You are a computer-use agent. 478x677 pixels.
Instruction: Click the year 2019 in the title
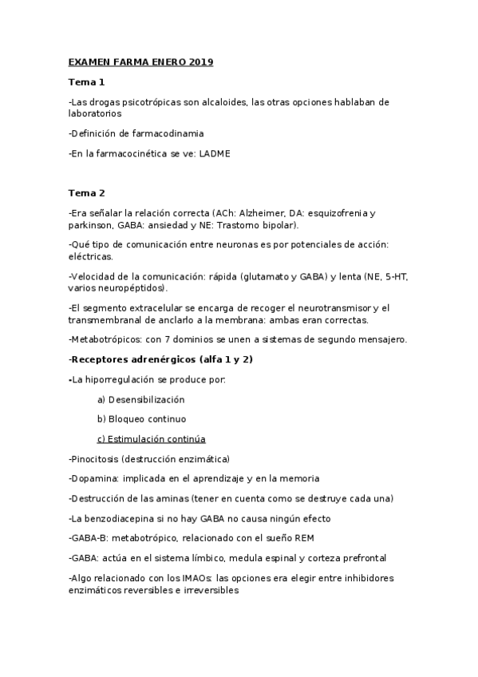[x=201, y=61]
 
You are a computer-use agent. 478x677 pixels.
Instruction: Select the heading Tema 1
[x=86, y=82]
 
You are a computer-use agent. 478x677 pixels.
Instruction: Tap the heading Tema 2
[x=86, y=192]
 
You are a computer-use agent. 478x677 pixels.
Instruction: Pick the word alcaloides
[x=211, y=102]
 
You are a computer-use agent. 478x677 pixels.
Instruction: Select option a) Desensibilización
[x=140, y=398]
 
